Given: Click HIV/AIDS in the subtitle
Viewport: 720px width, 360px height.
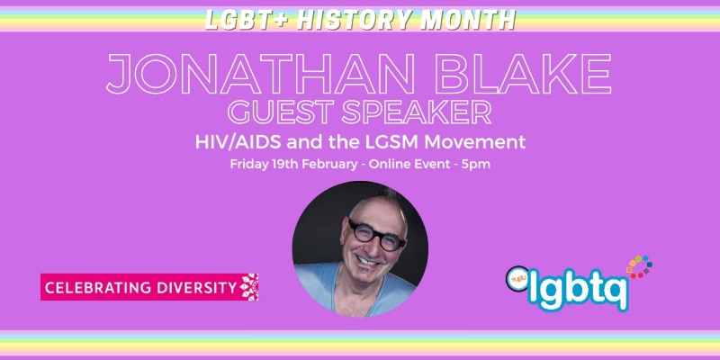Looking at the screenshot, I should [237, 141].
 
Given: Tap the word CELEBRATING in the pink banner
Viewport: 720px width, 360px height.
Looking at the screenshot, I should [92, 287].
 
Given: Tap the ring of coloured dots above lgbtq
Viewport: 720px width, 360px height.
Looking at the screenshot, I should [639, 267].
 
